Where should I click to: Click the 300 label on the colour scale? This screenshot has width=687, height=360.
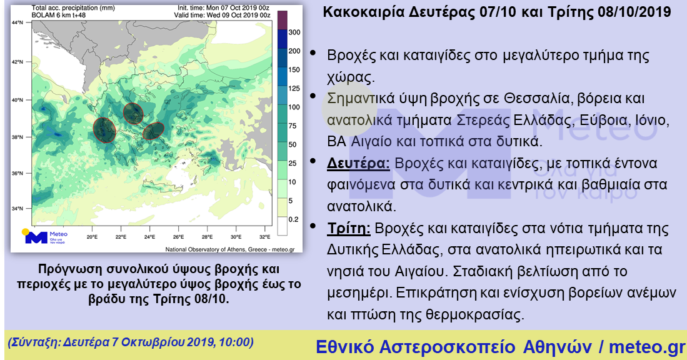pyautogui.click(x=294, y=32)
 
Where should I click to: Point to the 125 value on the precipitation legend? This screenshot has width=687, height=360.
pyautogui.click(x=294, y=89)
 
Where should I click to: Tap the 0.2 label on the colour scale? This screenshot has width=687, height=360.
pyautogui.click(x=294, y=219)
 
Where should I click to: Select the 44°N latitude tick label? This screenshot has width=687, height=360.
pyautogui.click(x=18, y=22)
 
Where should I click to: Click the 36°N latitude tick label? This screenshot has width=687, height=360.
pyautogui.click(x=18, y=173)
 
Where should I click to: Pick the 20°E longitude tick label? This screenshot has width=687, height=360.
pyautogui.click(x=92, y=237)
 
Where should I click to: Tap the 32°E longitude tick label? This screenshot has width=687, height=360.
pyautogui.click(x=264, y=237)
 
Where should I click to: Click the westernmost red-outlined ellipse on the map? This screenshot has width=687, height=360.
pyautogui.click(x=105, y=130)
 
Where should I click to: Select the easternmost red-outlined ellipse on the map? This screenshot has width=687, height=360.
pyautogui.click(x=153, y=131)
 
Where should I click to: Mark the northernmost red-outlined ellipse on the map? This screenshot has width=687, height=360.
pyautogui.click(x=133, y=113)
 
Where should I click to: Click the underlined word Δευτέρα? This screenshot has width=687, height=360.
pyautogui.click(x=358, y=163)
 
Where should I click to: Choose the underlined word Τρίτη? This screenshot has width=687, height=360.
pyautogui.click(x=349, y=229)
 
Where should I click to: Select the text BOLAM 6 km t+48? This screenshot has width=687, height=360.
pyautogui.click(x=59, y=15)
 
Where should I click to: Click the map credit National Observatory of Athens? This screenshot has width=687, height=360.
pyautogui.click(x=206, y=249)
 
